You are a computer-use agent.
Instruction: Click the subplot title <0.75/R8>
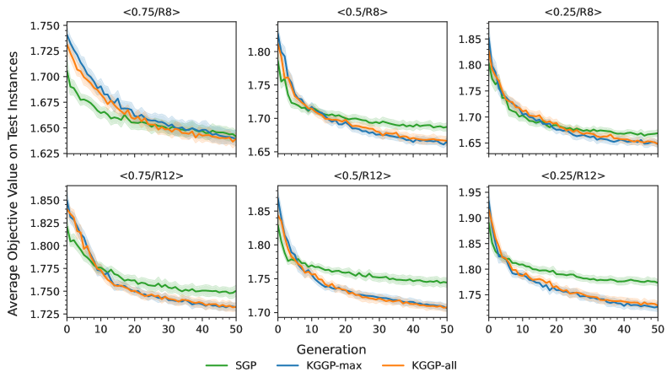(x=152, y=12)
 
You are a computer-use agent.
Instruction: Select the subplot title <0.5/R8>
(x=363, y=12)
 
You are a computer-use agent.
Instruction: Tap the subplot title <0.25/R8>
(x=573, y=12)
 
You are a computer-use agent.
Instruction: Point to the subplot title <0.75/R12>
(x=152, y=176)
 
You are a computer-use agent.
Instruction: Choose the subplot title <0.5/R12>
(x=363, y=176)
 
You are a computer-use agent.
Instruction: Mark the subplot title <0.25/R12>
(x=573, y=176)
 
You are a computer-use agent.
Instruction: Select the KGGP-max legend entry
(x=339, y=365)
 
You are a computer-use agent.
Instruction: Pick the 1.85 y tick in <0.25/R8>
(x=470, y=39)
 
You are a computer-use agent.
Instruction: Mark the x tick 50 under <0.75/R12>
(x=236, y=327)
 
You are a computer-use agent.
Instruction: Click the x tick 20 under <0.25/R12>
(x=556, y=327)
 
